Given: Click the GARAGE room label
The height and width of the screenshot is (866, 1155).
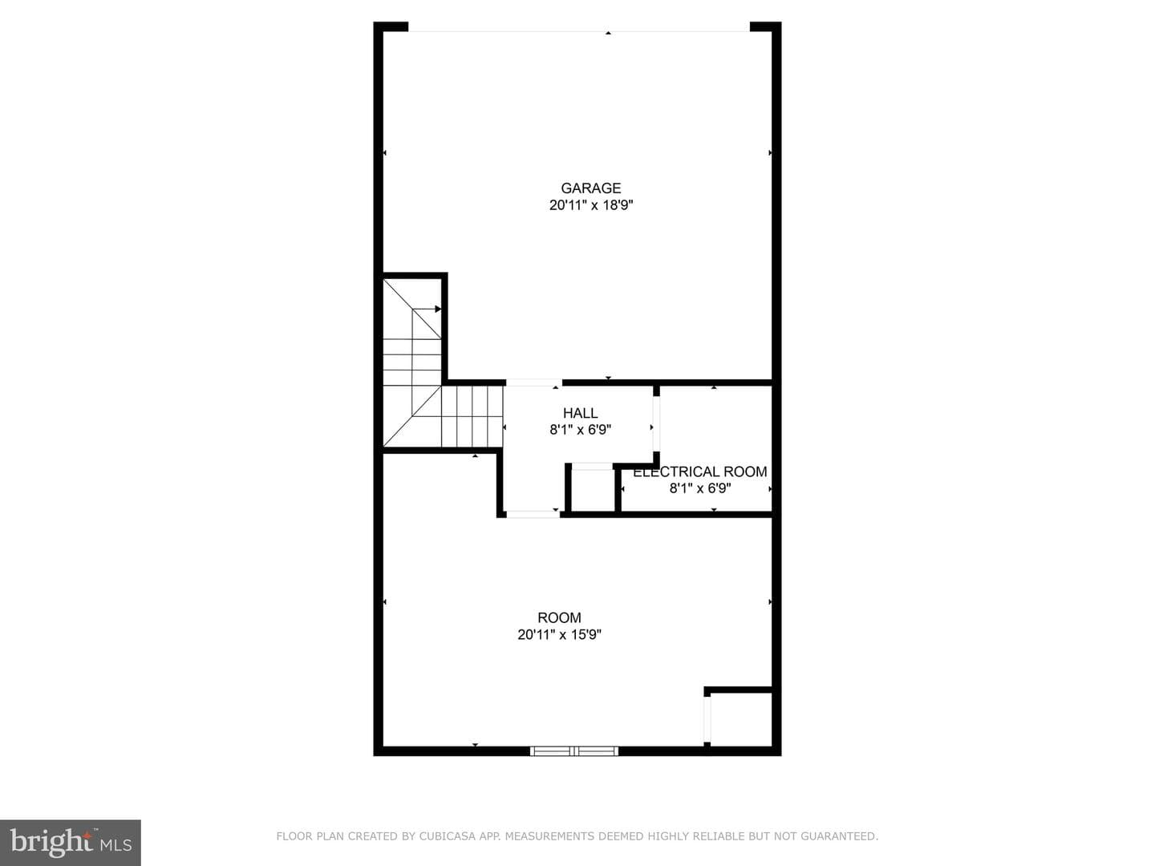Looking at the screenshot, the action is coord(590,188).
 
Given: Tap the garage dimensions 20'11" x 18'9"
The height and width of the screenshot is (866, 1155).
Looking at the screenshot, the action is coord(591,205).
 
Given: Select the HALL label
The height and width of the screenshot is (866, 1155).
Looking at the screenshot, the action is coord(580,413).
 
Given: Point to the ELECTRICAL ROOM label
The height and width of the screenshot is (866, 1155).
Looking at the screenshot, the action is coord(700,471).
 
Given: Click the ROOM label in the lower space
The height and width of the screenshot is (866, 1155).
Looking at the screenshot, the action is coord(559,617).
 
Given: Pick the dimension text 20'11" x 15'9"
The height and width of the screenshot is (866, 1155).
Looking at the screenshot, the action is coord(559,634).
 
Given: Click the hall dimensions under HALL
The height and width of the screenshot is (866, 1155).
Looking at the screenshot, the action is coord(581,430).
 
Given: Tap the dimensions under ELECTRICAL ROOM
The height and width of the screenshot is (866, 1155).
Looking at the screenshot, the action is coord(700,488).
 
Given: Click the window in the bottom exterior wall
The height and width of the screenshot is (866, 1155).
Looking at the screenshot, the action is coord(574,751).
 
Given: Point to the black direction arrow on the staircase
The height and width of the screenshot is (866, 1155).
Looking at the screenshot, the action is coord(438,309).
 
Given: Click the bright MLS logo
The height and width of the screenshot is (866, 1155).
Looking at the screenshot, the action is coord(71,842).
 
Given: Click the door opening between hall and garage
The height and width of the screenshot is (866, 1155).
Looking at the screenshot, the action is coord(534,382).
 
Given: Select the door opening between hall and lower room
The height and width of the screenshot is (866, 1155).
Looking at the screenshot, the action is coord(533,514).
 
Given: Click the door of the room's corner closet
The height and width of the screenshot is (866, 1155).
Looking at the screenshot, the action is coord(707,718).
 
